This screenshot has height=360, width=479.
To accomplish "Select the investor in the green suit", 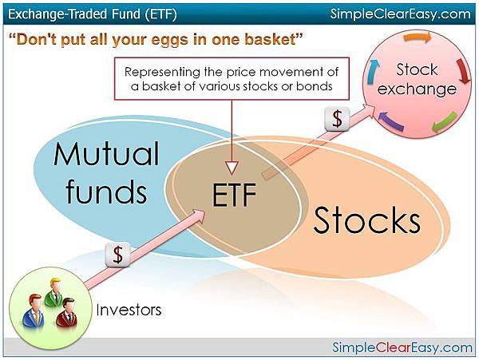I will [54, 293].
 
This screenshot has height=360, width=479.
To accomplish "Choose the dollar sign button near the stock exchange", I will [338, 118].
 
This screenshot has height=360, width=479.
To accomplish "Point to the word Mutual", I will [107, 154].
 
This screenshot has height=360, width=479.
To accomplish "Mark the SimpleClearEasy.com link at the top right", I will [401, 13].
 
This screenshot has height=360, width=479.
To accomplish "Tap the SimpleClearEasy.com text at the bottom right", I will [402, 347].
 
